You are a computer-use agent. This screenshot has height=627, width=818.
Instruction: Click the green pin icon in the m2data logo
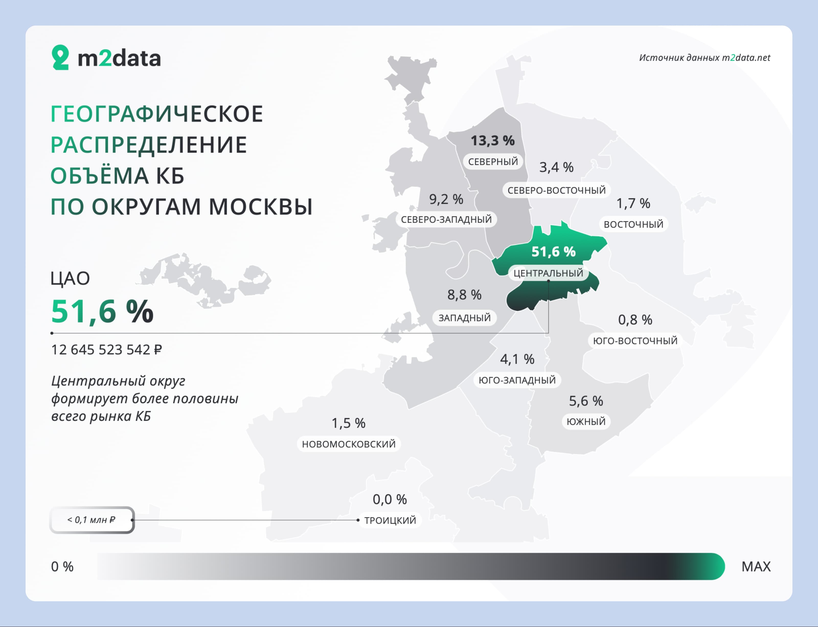[60, 58]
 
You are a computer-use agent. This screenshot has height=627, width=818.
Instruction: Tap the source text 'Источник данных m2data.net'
[705, 58]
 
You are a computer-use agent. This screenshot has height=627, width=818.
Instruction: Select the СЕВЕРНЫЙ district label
[493, 162]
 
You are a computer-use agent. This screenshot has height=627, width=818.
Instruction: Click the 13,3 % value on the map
[493, 141]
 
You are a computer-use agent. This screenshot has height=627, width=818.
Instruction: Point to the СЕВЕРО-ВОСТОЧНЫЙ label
[556, 190]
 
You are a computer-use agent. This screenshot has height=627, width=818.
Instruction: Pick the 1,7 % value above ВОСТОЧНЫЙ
[633, 203]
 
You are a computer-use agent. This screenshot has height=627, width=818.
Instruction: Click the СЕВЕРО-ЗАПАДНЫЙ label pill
[446, 220]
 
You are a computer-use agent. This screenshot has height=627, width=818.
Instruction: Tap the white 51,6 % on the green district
[553, 252]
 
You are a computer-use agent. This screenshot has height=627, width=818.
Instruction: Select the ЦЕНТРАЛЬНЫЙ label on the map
[548, 273]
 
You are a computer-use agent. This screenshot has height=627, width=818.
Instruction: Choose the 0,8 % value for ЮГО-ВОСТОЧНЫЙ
[635, 320]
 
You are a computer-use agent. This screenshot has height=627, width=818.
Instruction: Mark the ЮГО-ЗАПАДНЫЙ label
[517, 380]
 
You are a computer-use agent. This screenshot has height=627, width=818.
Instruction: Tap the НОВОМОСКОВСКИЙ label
[349, 444]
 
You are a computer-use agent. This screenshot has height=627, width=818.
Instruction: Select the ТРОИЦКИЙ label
[390, 520]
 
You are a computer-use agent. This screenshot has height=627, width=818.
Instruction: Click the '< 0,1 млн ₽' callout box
[92, 520]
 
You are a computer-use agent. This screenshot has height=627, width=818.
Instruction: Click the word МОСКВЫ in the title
[260, 207]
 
